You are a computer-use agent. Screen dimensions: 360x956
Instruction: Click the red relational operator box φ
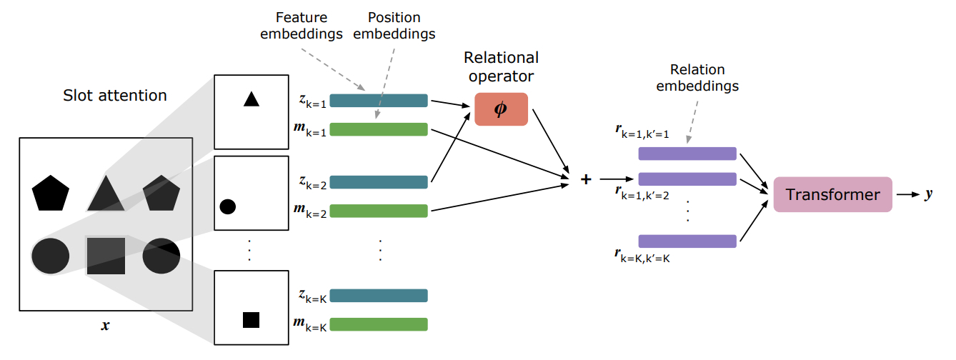(x=501, y=109)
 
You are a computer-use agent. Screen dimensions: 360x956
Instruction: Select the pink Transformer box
(x=832, y=194)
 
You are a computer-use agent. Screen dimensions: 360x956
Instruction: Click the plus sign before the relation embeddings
(x=586, y=179)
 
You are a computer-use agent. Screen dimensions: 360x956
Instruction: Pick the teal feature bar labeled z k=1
(x=379, y=101)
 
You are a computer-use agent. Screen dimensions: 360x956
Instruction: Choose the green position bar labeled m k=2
(x=379, y=211)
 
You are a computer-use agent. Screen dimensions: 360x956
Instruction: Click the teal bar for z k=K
(x=379, y=296)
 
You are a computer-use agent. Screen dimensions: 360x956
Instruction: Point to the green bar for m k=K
(x=379, y=324)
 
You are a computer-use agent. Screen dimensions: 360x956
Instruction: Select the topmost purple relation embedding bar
(x=687, y=154)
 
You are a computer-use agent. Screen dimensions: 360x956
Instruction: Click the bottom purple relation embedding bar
(x=687, y=241)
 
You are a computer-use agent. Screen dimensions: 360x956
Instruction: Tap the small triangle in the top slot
(x=251, y=99)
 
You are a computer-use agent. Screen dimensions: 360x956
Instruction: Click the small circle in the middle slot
(x=228, y=207)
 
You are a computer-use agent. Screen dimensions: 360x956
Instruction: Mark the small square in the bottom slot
(x=251, y=319)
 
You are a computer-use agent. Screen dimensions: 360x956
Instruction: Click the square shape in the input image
(x=106, y=256)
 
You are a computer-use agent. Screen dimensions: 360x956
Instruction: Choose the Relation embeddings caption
(x=697, y=78)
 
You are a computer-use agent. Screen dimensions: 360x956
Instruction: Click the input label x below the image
(x=106, y=326)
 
